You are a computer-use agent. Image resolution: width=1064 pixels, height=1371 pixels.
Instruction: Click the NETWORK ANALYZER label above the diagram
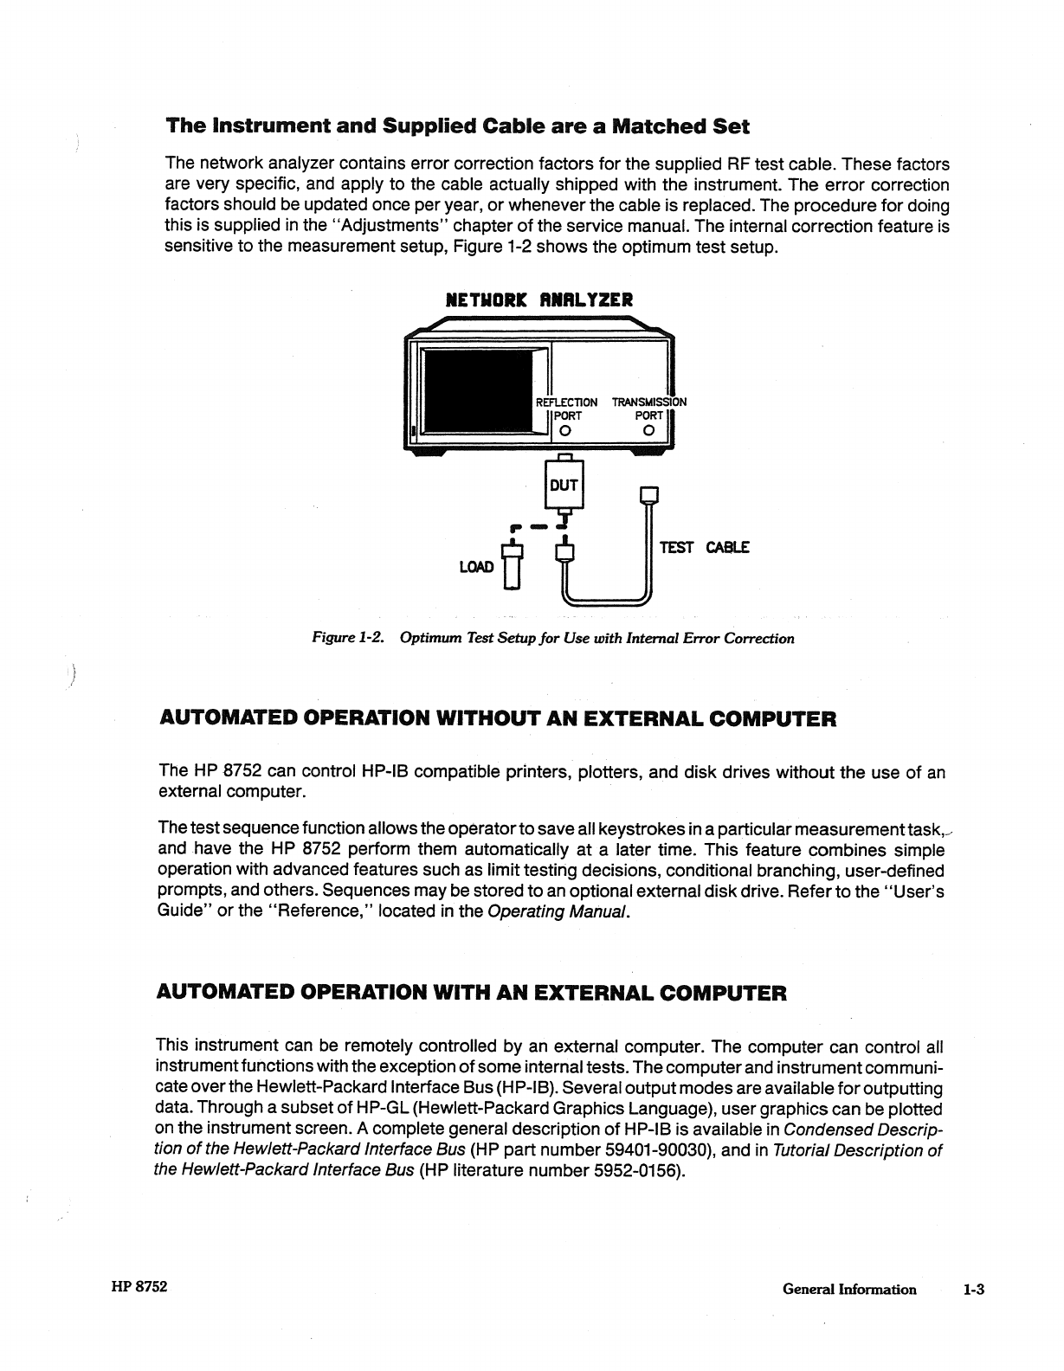pyautogui.click(x=538, y=300)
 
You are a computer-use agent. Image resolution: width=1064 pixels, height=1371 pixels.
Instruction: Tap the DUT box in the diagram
pyautogui.click(x=564, y=486)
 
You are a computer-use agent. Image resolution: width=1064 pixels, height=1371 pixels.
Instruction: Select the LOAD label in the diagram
pyautogui.click(x=475, y=567)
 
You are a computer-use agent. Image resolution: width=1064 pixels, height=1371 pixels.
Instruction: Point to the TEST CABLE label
pyautogui.click(x=704, y=547)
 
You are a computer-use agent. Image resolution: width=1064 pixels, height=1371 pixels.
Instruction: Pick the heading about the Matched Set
pyautogui.click(x=457, y=126)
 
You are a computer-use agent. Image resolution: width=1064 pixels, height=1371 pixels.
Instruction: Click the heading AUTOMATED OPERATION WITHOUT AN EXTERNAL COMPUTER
pyautogui.click(x=498, y=719)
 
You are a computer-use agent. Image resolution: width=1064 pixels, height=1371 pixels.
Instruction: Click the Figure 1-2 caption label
pyautogui.click(x=347, y=639)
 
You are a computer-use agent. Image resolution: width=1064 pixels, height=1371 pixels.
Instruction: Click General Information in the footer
pyautogui.click(x=848, y=1290)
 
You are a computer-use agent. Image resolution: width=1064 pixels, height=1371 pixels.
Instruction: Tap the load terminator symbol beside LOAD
pyautogui.click(x=513, y=567)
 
